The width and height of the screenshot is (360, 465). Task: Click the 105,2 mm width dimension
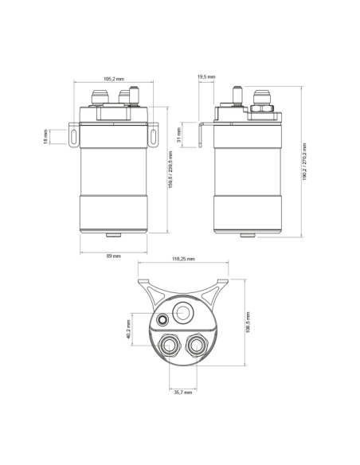(x=114, y=79)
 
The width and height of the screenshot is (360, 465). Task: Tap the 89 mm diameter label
(x=114, y=256)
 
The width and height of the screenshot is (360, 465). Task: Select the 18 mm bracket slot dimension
(x=46, y=137)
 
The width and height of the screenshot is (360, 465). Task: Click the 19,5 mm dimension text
(x=205, y=76)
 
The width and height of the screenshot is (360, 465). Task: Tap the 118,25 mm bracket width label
(x=184, y=259)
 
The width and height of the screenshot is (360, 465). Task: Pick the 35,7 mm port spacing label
(x=182, y=392)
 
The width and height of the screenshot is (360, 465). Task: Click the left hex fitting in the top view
(x=169, y=345)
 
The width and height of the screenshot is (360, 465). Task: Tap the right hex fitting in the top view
(x=196, y=345)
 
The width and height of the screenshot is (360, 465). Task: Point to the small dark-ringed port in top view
(x=163, y=319)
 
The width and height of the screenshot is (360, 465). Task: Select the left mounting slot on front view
(x=73, y=136)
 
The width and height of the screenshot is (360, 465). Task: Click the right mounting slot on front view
(x=154, y=136)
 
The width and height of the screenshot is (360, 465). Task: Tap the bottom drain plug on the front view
(x=114, y=235)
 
